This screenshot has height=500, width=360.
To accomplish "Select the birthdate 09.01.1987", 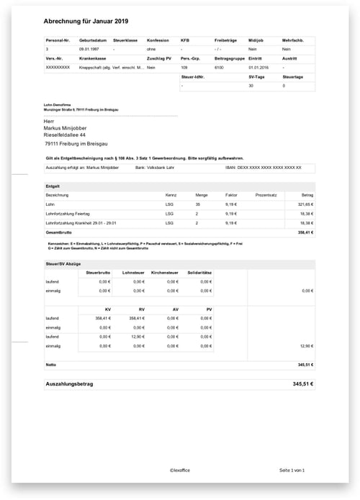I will [90, 48].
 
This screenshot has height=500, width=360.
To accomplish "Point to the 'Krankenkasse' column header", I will [94, 58].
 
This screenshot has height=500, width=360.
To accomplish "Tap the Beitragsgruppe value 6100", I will [219, 66].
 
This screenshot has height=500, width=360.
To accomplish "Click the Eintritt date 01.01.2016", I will [258, 66].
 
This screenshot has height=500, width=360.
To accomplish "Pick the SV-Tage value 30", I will [251, 85].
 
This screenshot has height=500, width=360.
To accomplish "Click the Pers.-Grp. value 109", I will [184, 66].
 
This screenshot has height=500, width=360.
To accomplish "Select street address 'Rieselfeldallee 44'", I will [65, 135].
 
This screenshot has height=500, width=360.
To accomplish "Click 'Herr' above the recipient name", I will [50, 121].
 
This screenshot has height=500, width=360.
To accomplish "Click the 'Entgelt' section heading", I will [53, 185].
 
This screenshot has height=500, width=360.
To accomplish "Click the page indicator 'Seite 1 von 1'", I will [292, 470].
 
